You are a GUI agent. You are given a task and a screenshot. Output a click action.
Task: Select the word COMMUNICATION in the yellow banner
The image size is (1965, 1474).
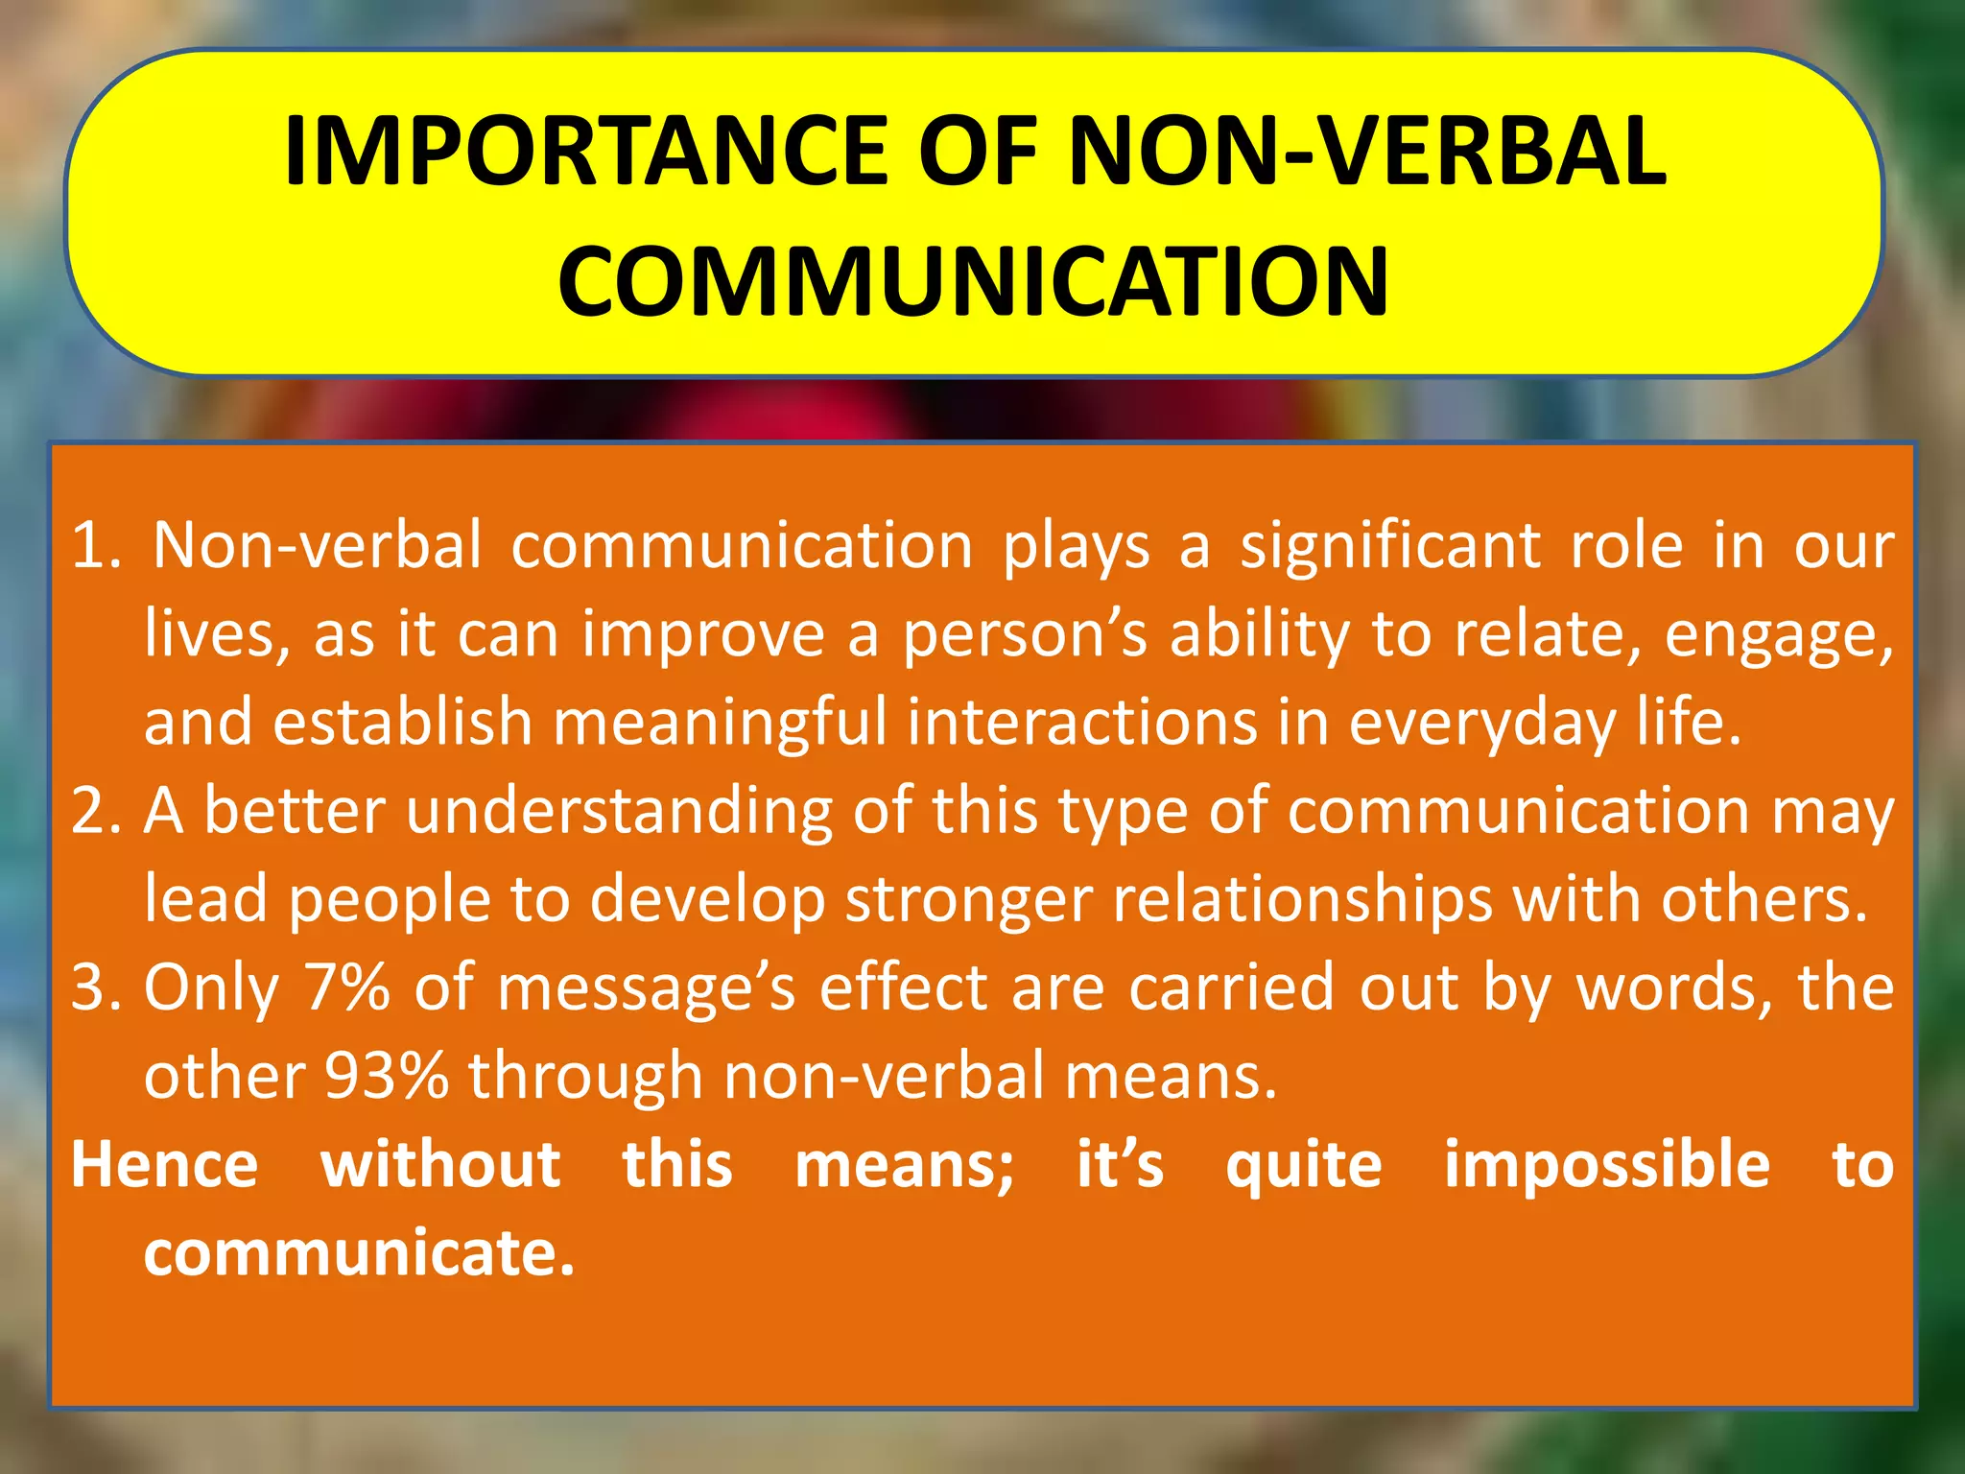[x=973, y=281]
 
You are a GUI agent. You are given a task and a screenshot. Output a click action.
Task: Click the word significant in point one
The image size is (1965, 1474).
[x=1391, y=548]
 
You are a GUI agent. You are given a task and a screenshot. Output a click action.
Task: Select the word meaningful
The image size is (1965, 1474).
[x=721, y=724]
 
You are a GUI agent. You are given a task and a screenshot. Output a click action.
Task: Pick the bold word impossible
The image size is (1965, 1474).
[x=1607, y=1167]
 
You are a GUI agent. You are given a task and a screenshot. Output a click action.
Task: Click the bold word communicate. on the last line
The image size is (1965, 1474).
[x=359, y=1253]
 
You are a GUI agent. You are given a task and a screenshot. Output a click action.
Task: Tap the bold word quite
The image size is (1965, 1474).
[x=1304, y=1167]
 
